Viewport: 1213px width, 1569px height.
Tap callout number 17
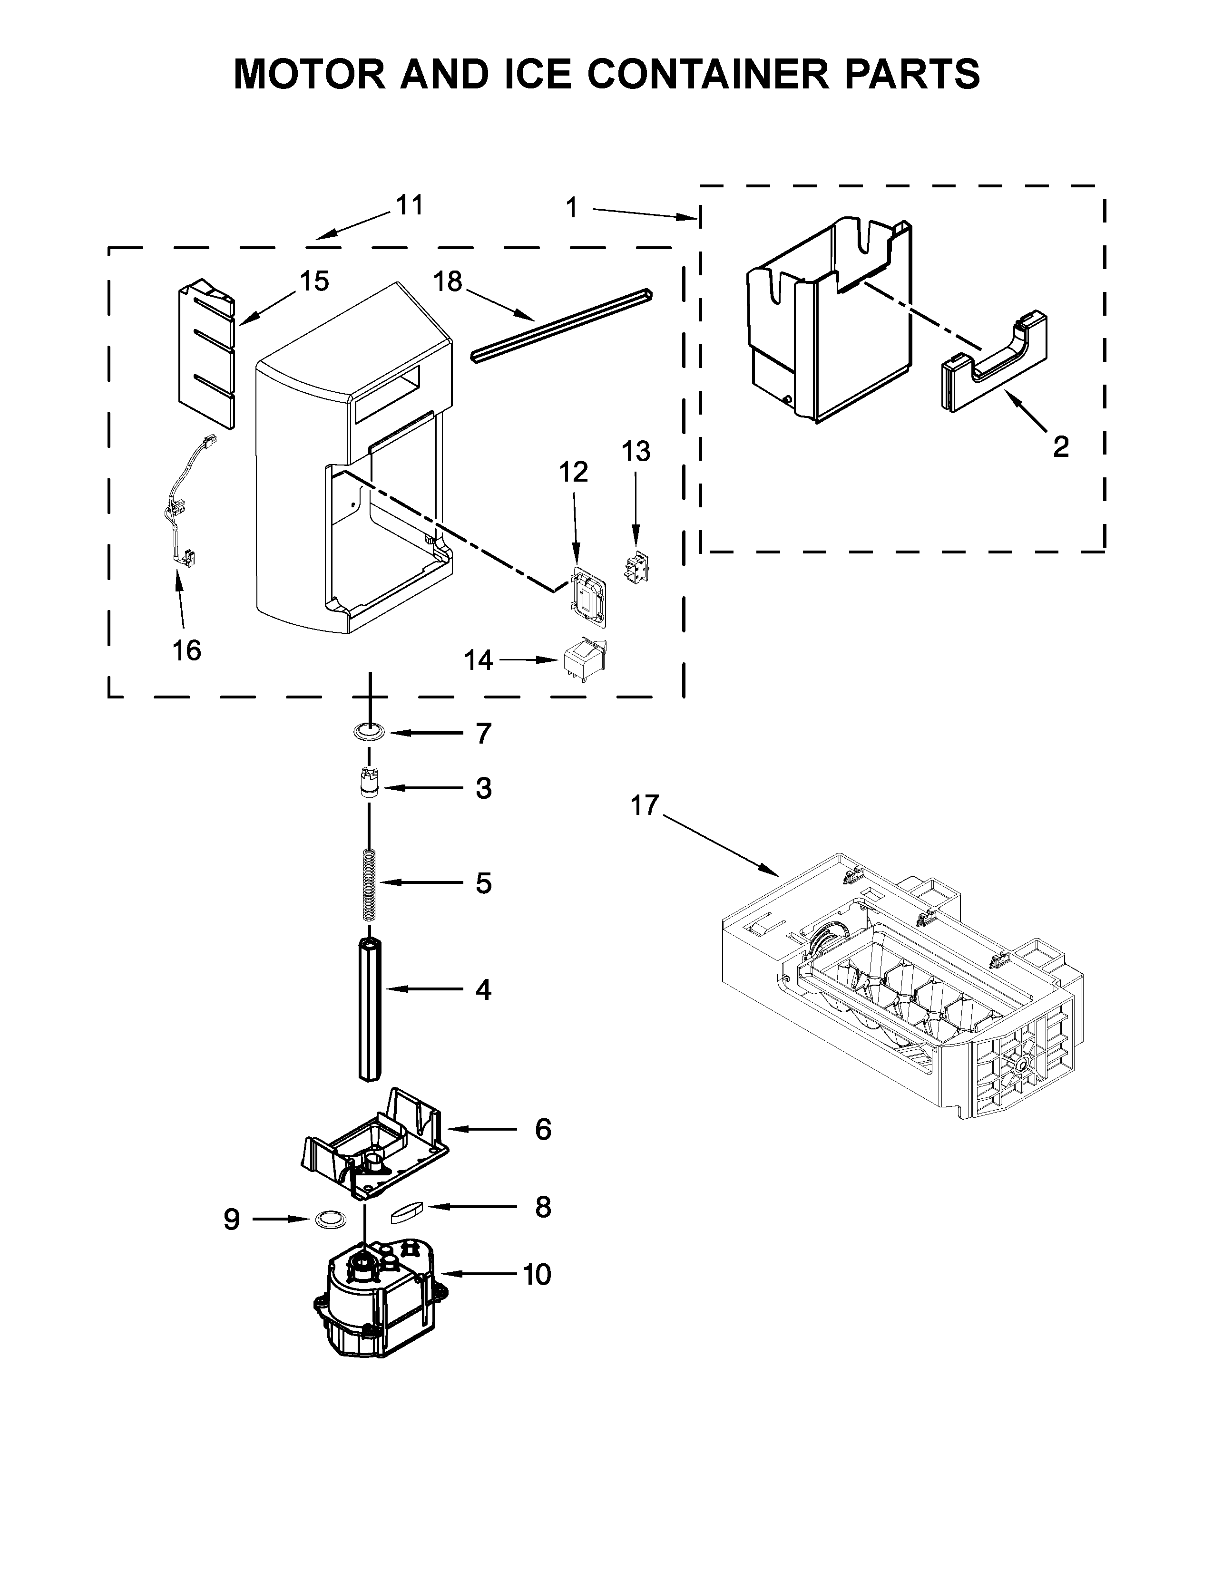[x=644, y=805]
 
